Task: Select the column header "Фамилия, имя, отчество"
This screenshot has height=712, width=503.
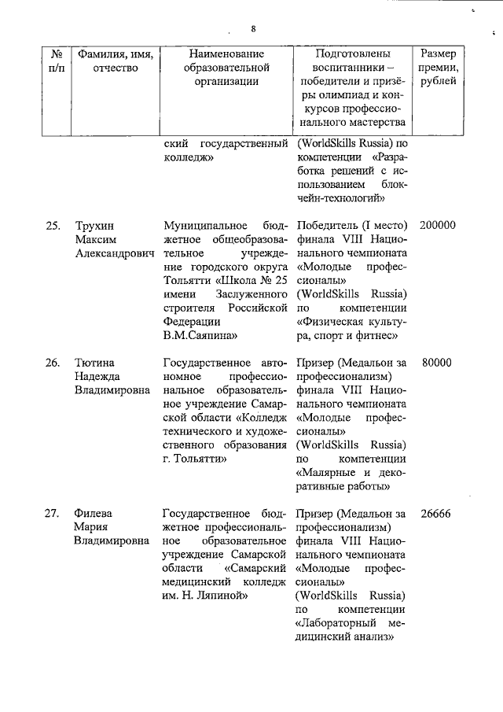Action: [115, 61]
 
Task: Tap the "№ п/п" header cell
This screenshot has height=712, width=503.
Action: [56, 61]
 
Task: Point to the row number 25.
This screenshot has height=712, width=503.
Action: [53, 226]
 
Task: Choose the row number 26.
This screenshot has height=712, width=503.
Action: [53, 363]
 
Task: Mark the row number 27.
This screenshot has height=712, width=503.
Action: [53, 515]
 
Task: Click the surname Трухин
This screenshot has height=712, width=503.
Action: [94, 226]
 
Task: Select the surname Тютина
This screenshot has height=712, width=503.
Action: [95, 363]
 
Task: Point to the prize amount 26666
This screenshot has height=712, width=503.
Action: [438, 515]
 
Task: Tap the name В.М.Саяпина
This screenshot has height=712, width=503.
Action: [194, 335]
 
